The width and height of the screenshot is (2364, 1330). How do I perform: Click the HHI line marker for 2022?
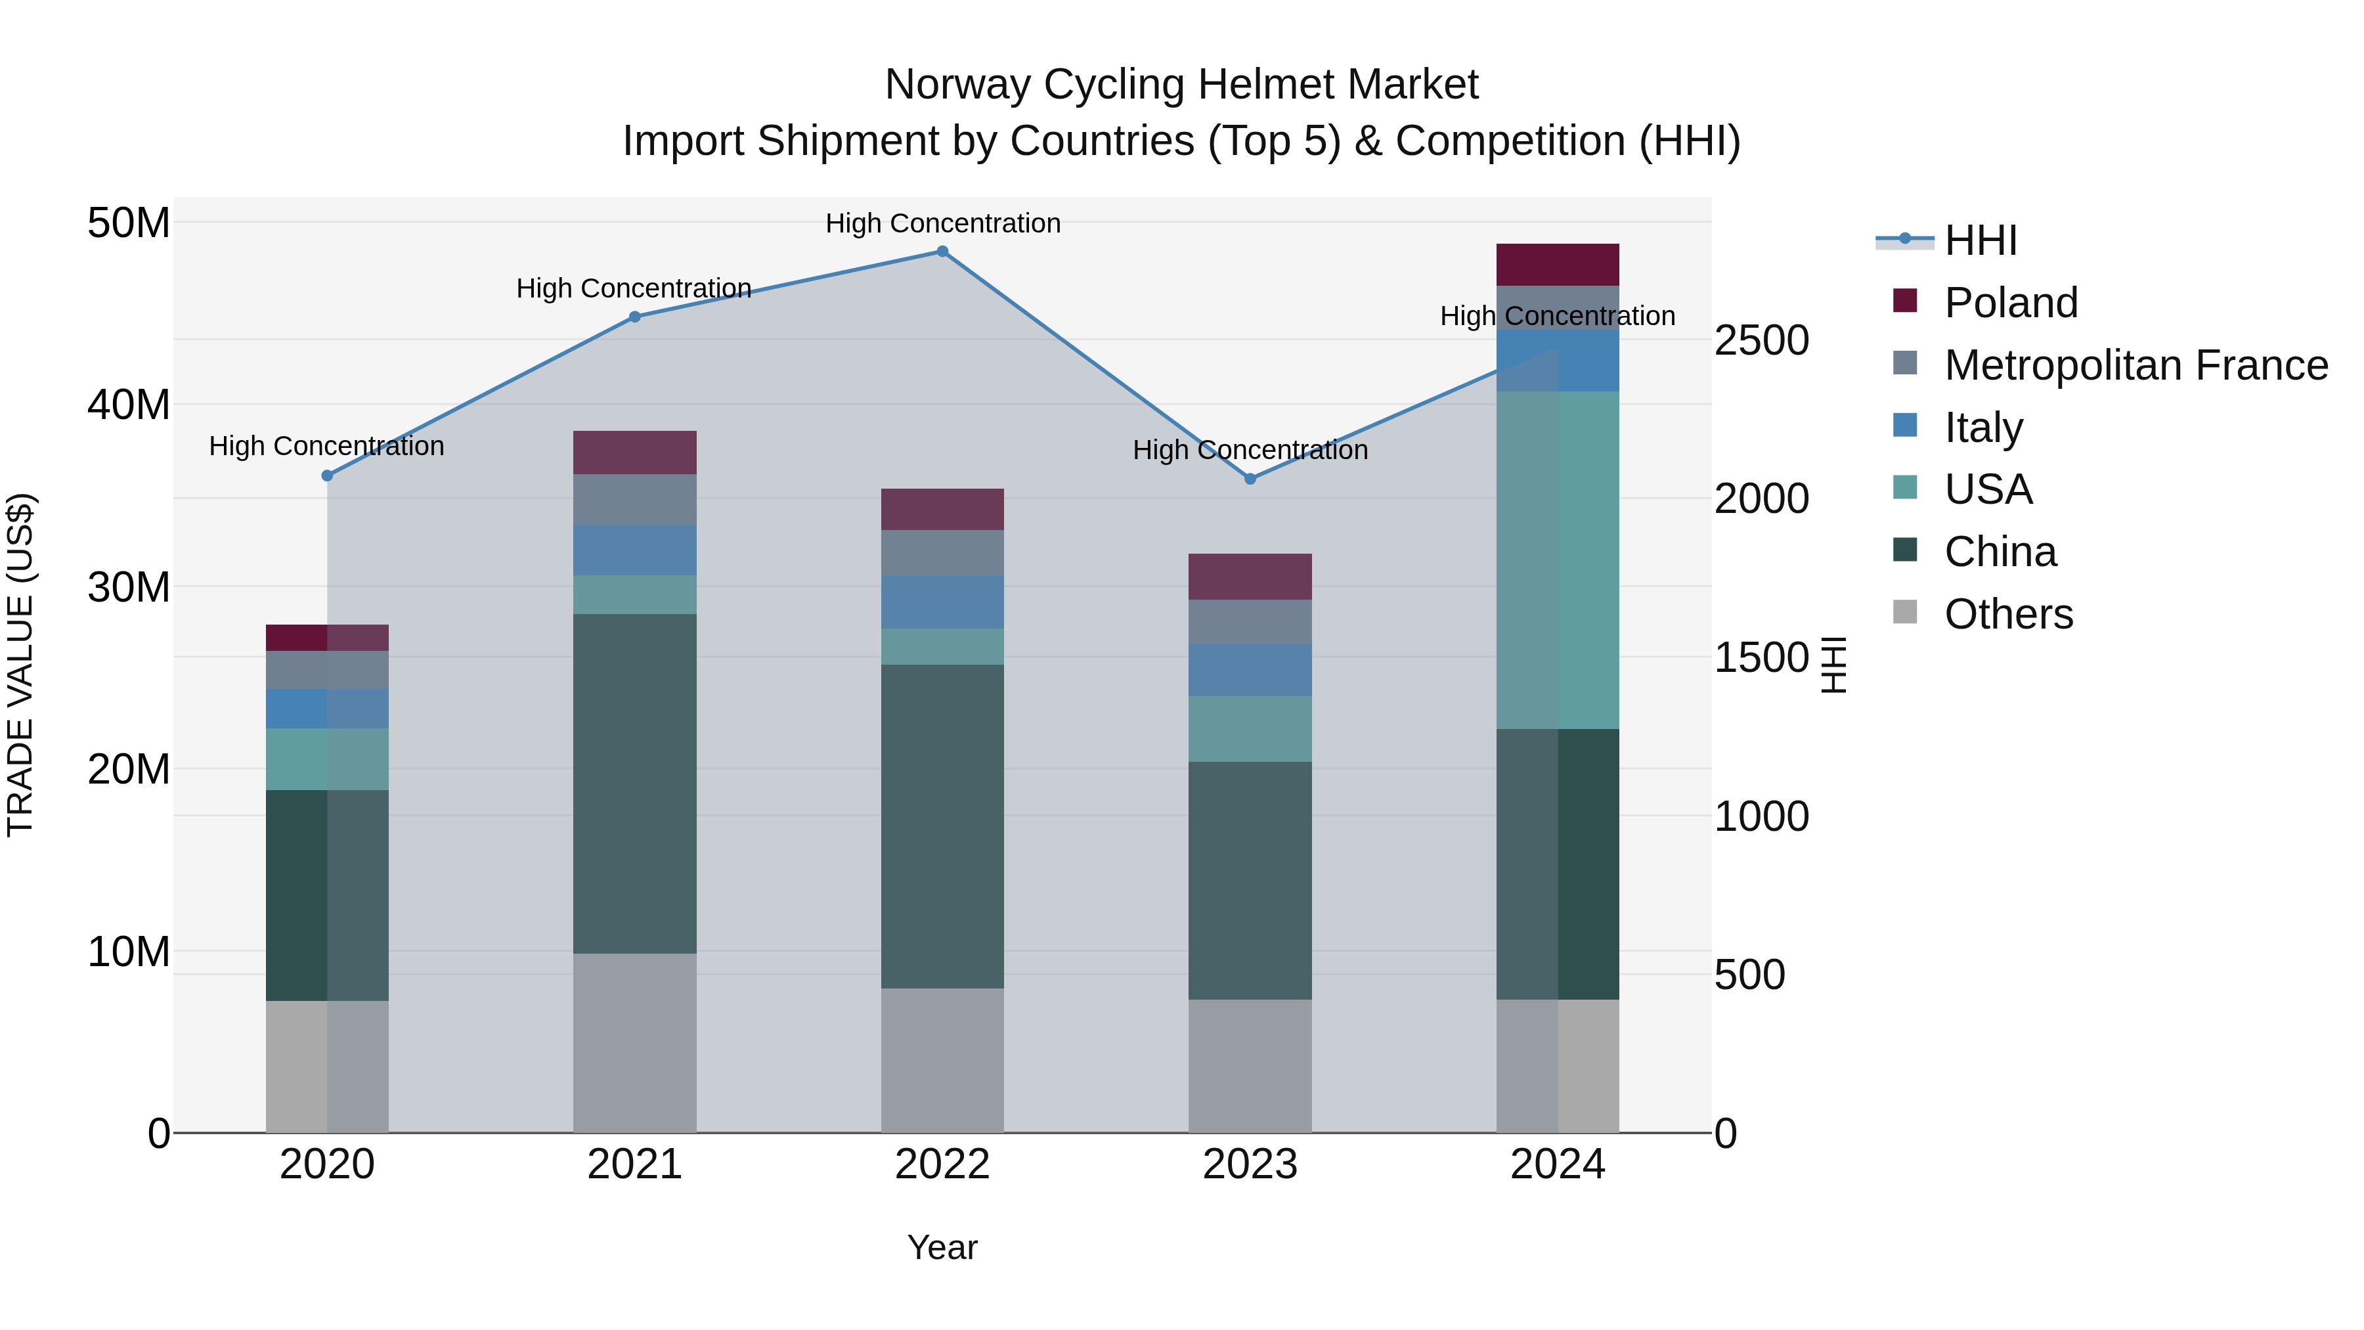pyautogui.click(x=942, y=252)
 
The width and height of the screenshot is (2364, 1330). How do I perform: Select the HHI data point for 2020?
pyautogui.click(x=328, y=476)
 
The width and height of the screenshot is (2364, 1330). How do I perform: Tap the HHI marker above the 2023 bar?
pyautogui.click(x=1250, y=479)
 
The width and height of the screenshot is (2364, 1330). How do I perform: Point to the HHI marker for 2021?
pyautogui.click(x=635, y=317)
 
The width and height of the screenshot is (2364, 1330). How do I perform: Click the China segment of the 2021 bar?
pyautogui.click(x=635, y=783)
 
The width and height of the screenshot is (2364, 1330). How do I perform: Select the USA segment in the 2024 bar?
pyautogui.click(x=1558, y=560)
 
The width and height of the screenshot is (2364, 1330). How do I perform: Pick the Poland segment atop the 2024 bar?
pyautogui.click(x=1558, y=265)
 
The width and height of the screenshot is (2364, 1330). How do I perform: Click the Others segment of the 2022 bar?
pyautogui.click(x=942, y=1060)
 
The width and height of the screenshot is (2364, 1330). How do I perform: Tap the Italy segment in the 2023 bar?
pyautogui.click(x=1250, y=670)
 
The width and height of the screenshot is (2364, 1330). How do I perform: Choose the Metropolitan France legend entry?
pyautogui.click(x=2135, y=365)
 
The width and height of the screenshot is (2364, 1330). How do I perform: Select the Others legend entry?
pyautogui.click(x=2008, y=614)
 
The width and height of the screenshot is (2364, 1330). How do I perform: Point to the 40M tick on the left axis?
pyautogui.click(x=129, y=405)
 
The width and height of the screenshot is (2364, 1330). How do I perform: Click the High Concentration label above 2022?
pyautogui.click(x=942, y=223)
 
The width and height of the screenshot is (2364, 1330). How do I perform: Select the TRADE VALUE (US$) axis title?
pyautogui.click(x=20, y=665)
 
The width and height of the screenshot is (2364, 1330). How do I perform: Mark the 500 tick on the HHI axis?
pyautogui.click(x=1749, y=975)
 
